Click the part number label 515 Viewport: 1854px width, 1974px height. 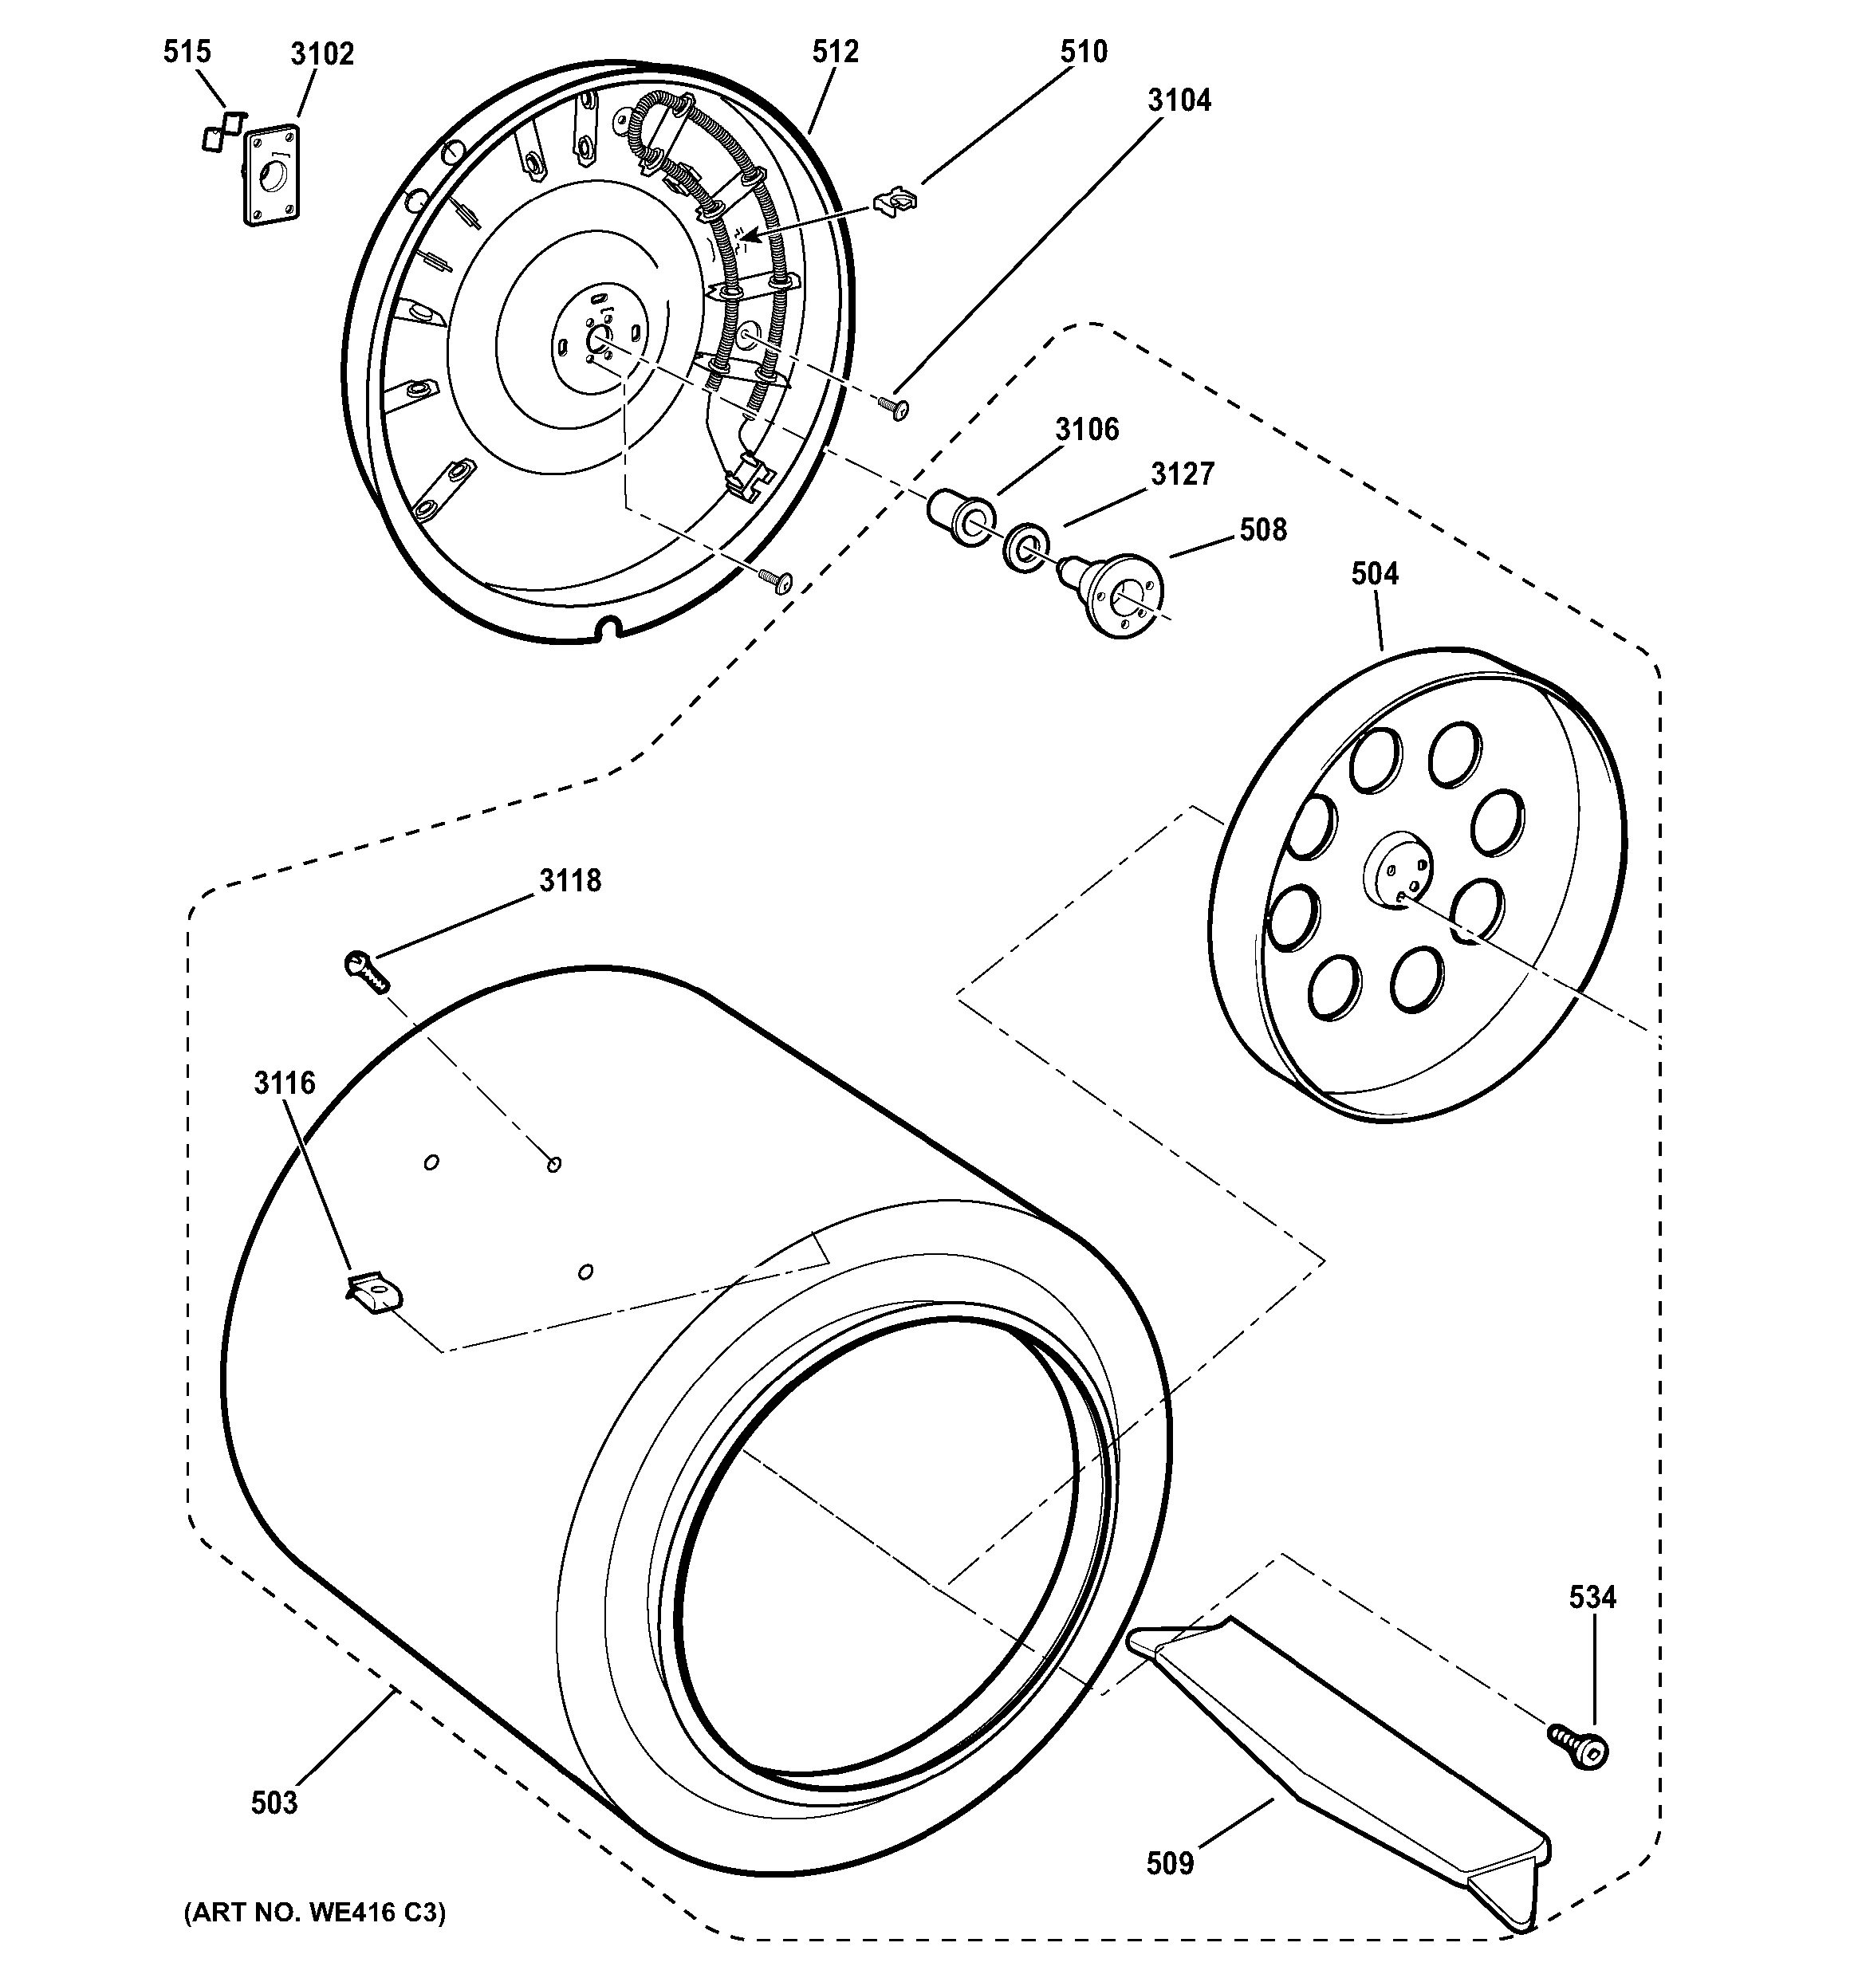coord(187,52)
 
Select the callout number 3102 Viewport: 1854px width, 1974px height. coord(321,53)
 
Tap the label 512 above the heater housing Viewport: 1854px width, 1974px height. coord(834,52)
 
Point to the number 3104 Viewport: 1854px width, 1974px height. coord(1179,100)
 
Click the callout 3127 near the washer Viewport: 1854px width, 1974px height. coord(1182,474)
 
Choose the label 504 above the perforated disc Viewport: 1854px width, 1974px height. coord(1375,573)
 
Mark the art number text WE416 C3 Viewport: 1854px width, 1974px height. coord(314,1913)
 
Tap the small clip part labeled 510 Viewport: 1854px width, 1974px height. coord(895,201)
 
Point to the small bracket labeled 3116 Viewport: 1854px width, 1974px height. coord(374,1292)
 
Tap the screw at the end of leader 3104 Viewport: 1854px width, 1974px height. coord(894,407)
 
